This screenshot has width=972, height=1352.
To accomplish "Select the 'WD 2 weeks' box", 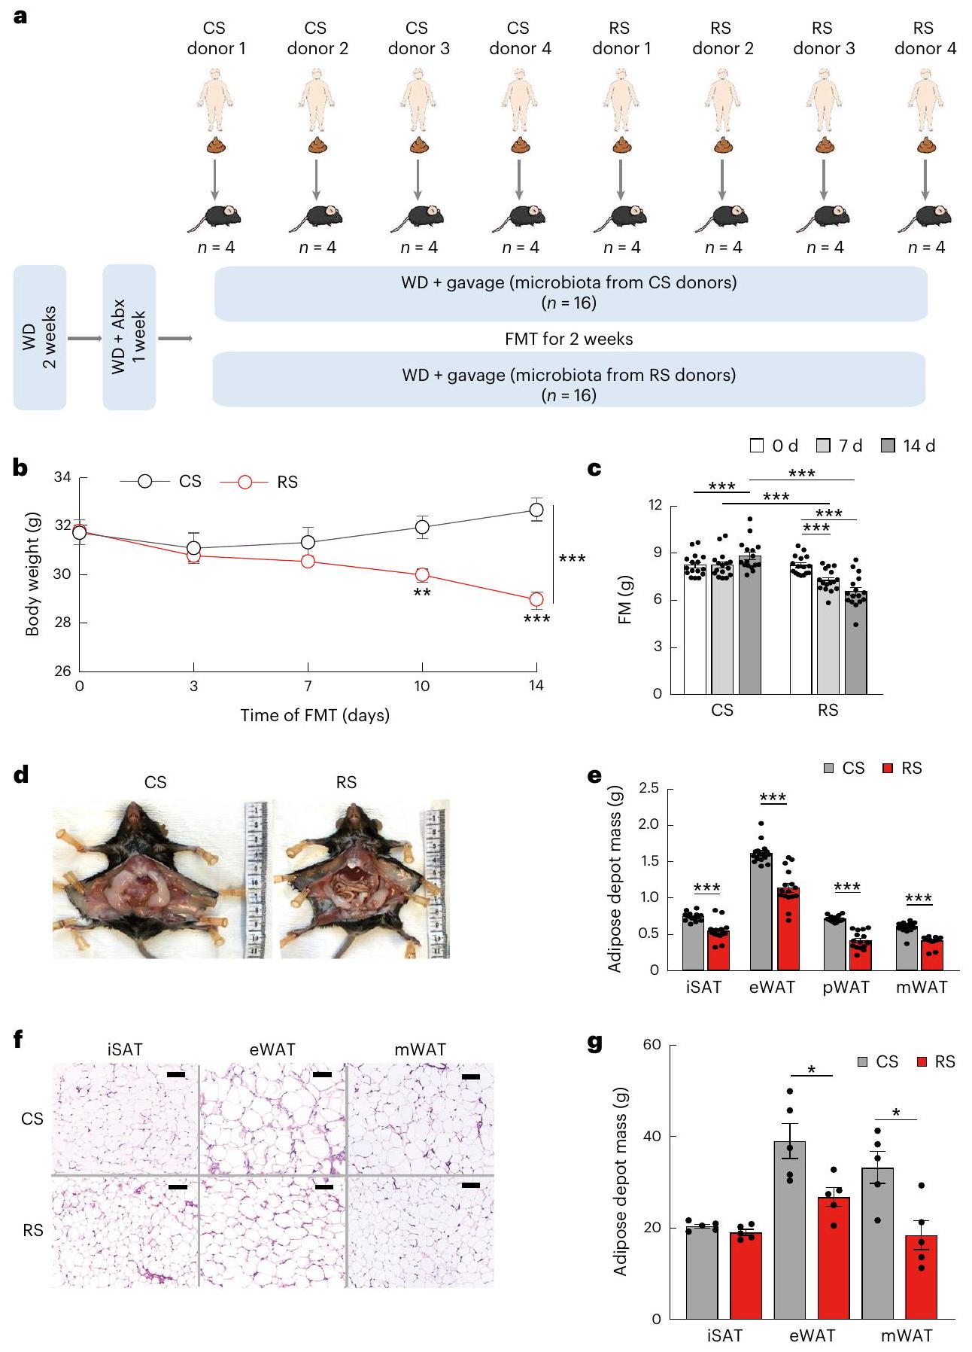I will point(40,337).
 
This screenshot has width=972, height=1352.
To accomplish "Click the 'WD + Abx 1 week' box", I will point(129,337).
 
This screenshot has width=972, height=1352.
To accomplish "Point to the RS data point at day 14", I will point(536,600).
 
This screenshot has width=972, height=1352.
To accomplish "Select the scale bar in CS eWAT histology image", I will point(322,1075).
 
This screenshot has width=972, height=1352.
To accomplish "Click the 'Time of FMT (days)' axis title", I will point(314,715).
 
